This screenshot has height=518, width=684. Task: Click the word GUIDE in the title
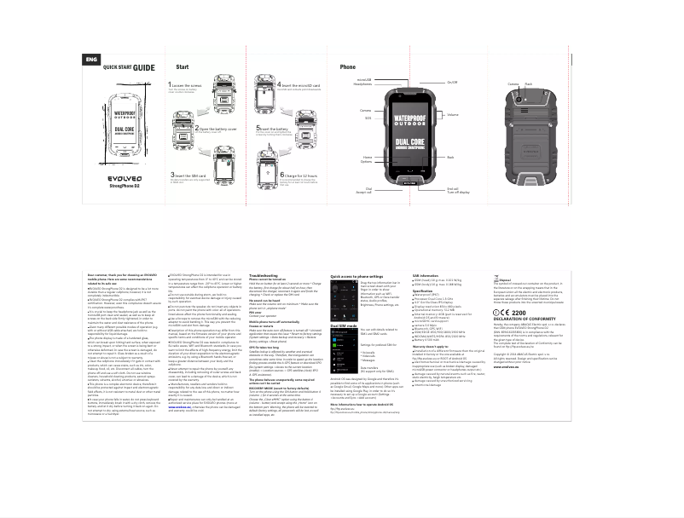point(143,67)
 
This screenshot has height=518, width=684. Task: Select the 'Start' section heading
point(183,66)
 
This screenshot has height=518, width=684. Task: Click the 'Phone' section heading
point(348,66)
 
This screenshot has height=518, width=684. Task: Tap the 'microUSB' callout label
point(364,79)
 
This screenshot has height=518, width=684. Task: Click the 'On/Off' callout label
point(452,83)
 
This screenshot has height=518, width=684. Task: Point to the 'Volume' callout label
point(453,114)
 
